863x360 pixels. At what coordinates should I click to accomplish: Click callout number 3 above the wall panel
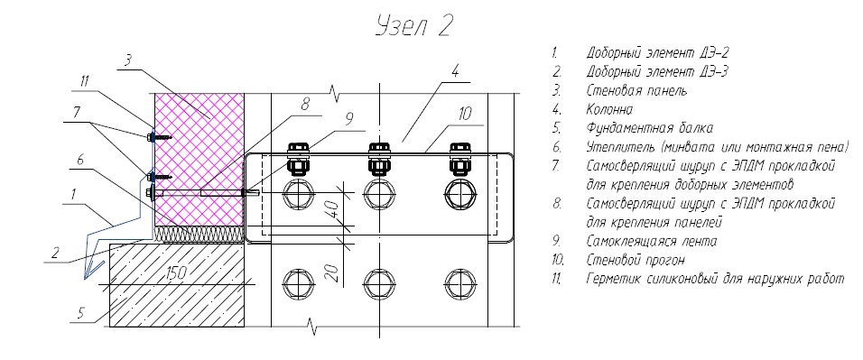coord(126,60)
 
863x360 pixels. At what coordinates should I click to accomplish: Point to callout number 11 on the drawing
coord(85,82)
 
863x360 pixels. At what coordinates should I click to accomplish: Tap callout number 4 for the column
coord(455,71)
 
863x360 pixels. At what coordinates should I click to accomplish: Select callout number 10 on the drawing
coord(465,114)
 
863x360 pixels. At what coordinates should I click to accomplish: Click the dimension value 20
coord(332,273)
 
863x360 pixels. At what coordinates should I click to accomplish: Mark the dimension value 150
coord(177,272)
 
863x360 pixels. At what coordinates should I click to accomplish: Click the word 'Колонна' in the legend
coord(610,110)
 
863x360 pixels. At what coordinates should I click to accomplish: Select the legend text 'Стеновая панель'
coord(636,91)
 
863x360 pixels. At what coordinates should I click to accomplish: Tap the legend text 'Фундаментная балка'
coord(650,129)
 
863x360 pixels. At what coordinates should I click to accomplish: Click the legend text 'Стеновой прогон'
coord(636,260)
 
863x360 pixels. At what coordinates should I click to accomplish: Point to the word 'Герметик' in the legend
coord(614,279)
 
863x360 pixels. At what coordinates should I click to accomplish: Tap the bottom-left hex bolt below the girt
coord(298,283)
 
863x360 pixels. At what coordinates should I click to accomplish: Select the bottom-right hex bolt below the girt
coord(459,283)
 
